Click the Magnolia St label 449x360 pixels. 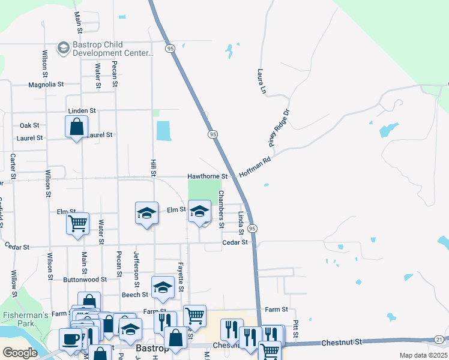click(46, 85)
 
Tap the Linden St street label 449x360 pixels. click(82, 111)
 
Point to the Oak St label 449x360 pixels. click(29, 125)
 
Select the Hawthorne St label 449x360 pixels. click(208, 176)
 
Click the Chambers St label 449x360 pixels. click(221, 209)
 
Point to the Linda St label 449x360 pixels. click(241, 223)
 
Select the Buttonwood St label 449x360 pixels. click(85, 280)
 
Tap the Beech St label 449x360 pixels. click(136, 295)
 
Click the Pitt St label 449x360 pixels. click(296, 328)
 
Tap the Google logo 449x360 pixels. click(20, 352)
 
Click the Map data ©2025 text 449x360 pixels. click(424, 355)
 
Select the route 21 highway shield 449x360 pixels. click(439, 340)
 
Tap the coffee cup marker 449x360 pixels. click(71, 339)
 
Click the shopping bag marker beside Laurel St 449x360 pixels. click(77, 127)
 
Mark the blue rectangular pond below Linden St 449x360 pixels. click(163, 131)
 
